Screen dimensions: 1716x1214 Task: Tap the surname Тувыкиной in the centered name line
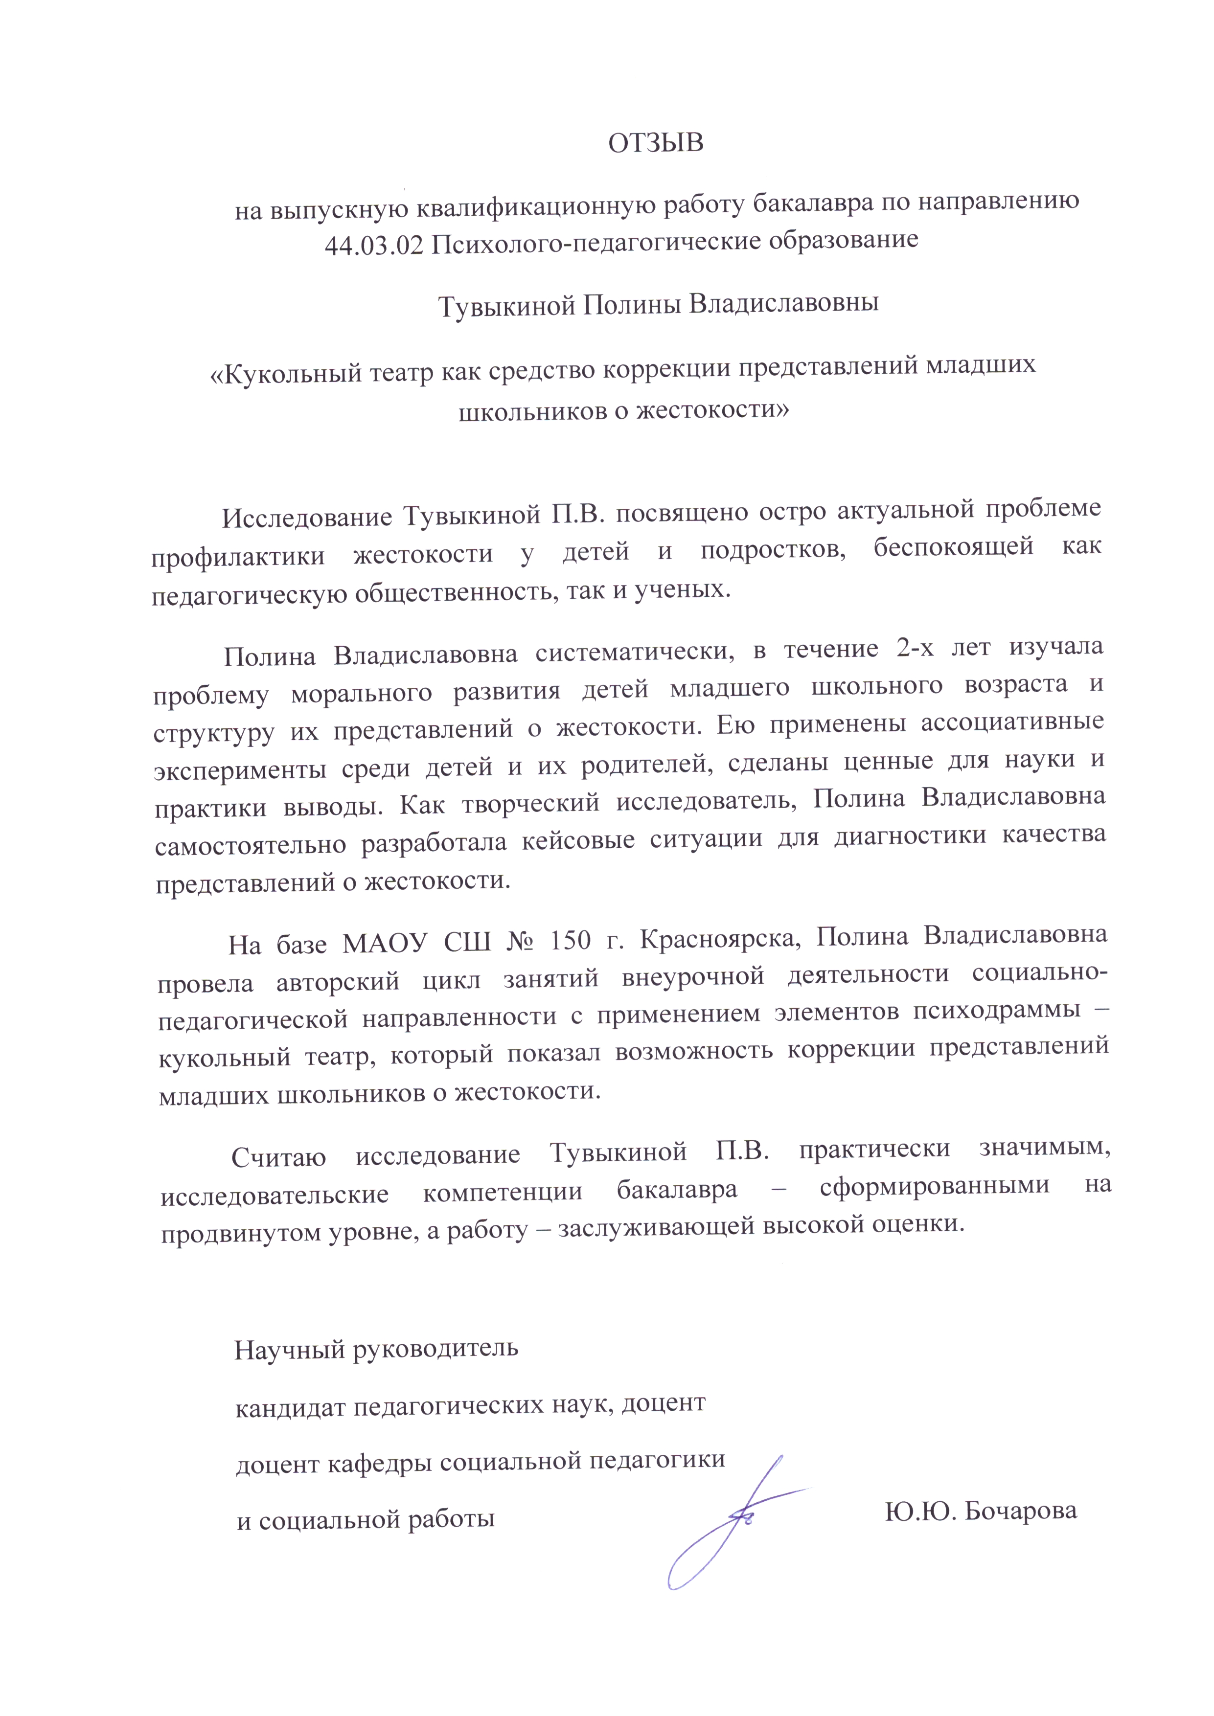pyautogui.click(x=506, y=304)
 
